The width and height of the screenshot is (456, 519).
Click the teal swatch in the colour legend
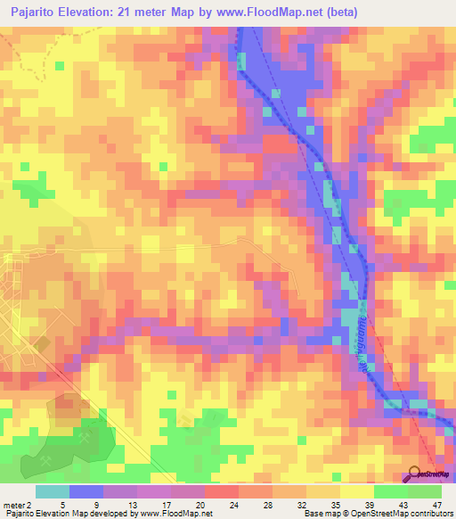coord(53,491)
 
